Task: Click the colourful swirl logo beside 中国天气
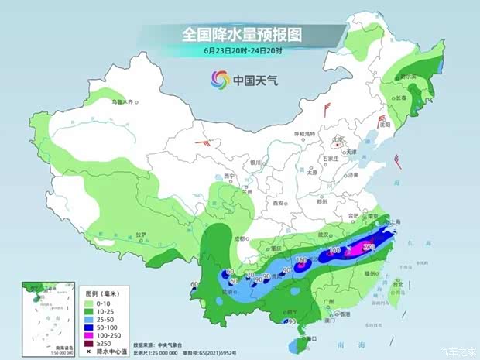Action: pyautogui.click(x=219, y=78)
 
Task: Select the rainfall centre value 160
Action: pyautogui.click(x=335, y=250)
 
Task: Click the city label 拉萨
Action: pyautogui.click(x=140, y=234)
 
